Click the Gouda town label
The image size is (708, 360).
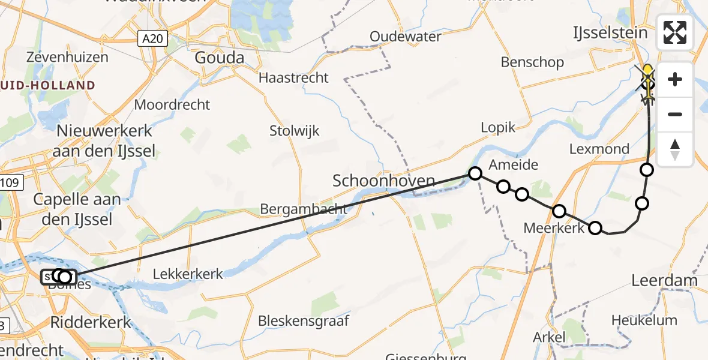click(220, 58)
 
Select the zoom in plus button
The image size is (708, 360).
click(675, 80)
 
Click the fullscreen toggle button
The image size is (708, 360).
click(675, 32)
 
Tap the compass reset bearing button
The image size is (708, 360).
click(675, 149)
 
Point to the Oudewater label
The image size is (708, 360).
click(406, 37)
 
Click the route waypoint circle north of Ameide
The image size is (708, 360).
click(475, 173)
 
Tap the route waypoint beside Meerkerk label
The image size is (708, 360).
click(595, 227)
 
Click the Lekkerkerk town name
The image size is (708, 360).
click(188, 274)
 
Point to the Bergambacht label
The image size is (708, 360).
click(304, 209)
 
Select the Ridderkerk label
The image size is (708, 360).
click(91, 322)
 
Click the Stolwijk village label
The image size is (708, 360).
click(295, 130)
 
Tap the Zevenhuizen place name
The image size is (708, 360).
click(67, 58)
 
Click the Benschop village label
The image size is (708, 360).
click(532, 62)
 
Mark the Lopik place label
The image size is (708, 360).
click(498, 127)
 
